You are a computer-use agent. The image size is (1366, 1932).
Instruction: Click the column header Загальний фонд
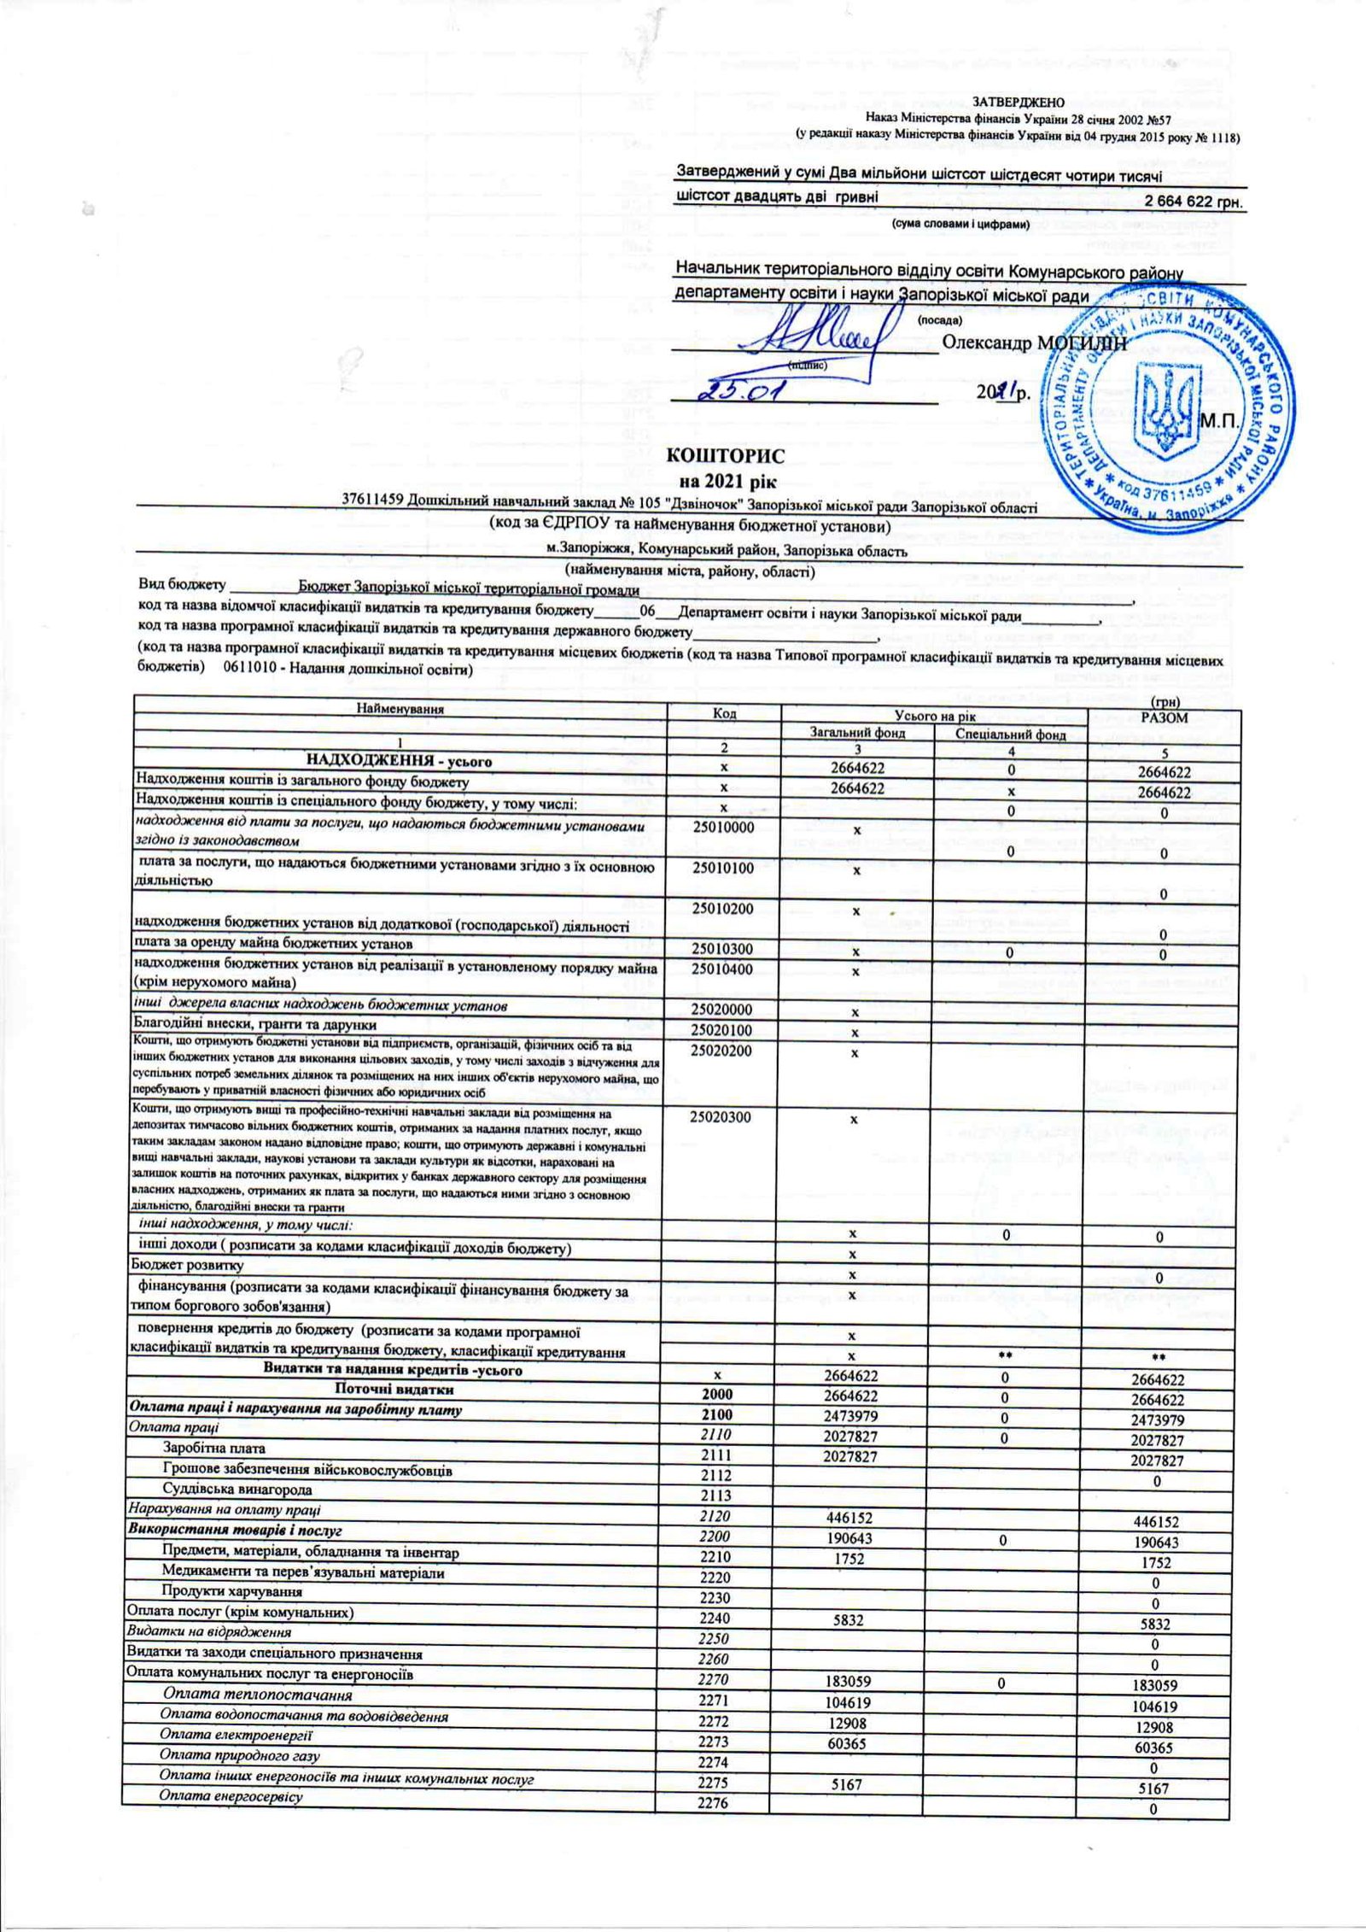[x=855, y=733]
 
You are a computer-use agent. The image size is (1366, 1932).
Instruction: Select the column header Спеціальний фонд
[x=1010, y=733]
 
